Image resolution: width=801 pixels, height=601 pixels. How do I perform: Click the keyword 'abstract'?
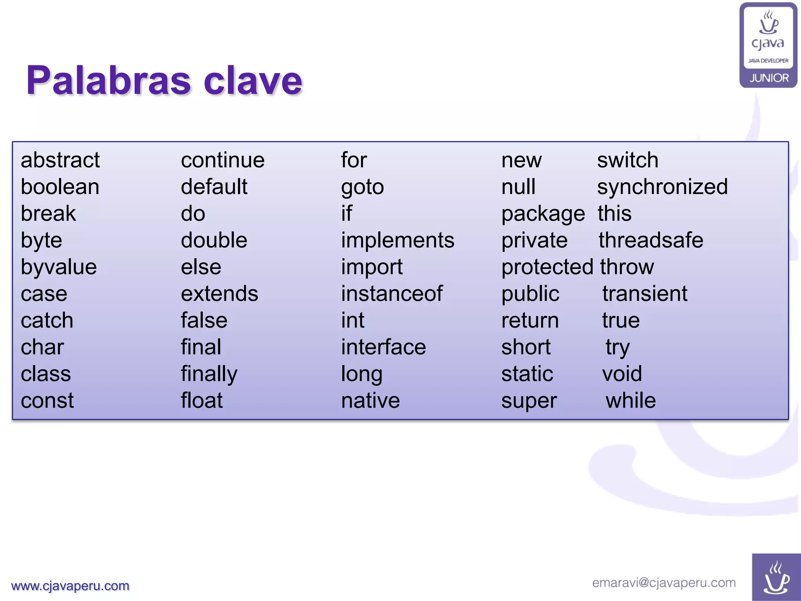pyautogui.click(x=60, y=160)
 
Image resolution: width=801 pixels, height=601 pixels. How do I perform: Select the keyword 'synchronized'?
pyautogui.click(x=662, y=187)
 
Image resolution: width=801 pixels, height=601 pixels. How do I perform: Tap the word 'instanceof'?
pyautogui.click(x=392, y=294)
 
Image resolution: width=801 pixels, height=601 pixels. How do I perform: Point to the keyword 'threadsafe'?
pyautogui.click(x=651, y=240)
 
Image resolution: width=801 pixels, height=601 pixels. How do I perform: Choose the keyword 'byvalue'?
pyautogui.click(x=59, y=267)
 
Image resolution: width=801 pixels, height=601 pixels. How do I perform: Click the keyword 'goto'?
pyautogui.click(x=362, y=187)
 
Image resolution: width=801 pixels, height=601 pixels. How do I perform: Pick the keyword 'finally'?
pyautogui.click(x=209, y=374)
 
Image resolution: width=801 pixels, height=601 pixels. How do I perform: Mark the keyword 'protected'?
pyautogui.click(x=547, y=267)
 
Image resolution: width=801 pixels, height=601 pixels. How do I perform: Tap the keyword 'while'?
pyautogui.click(x=630, y=401)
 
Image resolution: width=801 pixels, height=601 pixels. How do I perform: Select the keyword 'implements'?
pyautogui.click(x=397, y=240)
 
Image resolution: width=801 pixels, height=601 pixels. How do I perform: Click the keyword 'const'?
pyautogui.click(x=47, y=401)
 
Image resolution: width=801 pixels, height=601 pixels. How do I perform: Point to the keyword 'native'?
pyautogui.click(x=370, y=401)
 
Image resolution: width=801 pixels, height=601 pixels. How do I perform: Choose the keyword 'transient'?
pyautogui.click(x=645, y=294)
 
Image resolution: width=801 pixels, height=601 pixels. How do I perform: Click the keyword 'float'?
pyautogui.click(x=202, y=401)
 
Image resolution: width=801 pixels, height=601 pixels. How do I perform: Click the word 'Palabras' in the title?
pyautogui.click(x=108, y=81)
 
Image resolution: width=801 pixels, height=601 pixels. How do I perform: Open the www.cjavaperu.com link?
pyautogui.click(x=70, y=586)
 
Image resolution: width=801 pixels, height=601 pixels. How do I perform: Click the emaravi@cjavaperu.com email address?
pyautogui.click(x=664, y=583)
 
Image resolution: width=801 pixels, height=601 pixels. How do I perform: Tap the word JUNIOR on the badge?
pyautogui.click(x=769, y=78)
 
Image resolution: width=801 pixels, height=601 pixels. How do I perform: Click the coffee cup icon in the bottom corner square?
pyautogui.click(x=776, y=578)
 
